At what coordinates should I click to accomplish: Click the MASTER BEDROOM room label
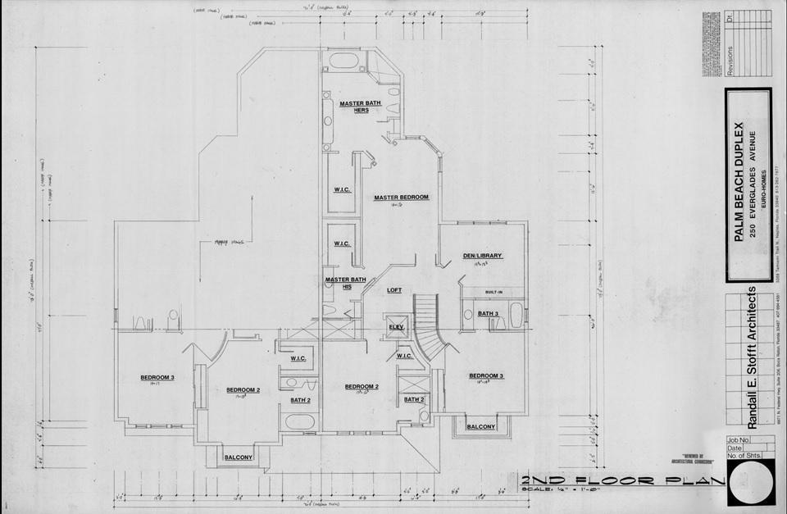(x=401, y=198)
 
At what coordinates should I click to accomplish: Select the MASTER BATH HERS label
(x=357, y=107)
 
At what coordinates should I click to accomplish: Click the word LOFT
(x=394, y=290)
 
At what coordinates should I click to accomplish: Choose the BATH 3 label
(x=489, y=314)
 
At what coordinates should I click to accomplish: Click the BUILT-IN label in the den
(x=494, y=291)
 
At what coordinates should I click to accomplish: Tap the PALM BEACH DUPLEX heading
(x=739, y=180)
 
